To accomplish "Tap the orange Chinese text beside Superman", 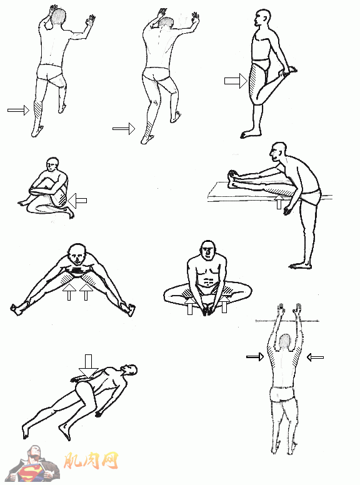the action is [x=91, y=461].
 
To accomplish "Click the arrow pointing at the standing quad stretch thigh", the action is [x=236, y=81].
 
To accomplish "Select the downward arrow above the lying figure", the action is [x=89, y=366].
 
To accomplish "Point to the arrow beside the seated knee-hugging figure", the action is [x=77, y=201].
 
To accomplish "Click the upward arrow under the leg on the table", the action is [x=279, y=201].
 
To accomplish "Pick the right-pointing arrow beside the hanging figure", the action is [x=255, y=357].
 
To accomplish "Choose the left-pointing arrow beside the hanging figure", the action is [x=315, y=357].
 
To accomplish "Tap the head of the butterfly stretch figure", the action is [x=208, y=251].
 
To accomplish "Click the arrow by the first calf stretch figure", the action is [x=18, y=110].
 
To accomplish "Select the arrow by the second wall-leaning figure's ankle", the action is [x=124, y=128].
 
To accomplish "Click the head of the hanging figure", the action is [x=285, y=341].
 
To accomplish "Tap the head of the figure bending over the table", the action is [x=277, y=152].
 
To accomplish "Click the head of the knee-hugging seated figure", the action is [x=52, y=165].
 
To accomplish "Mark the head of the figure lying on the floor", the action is [x=129, y=369].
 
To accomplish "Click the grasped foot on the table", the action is [x=232, y=179].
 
